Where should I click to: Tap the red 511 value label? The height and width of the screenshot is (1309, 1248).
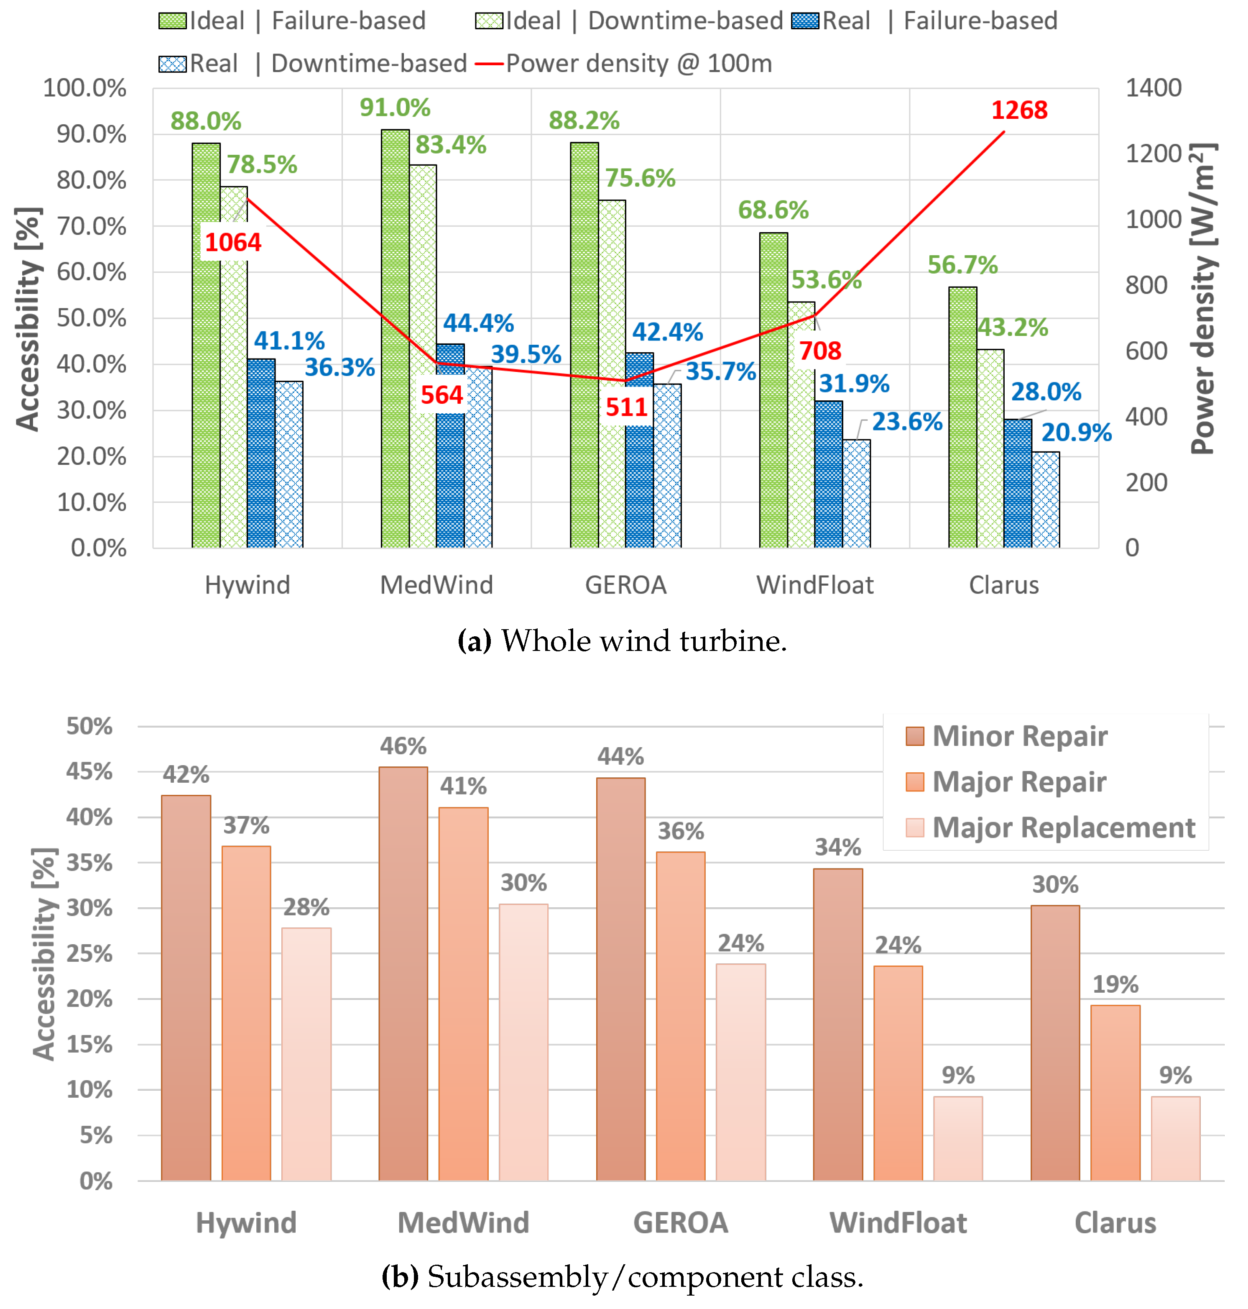click(x=626, y=407)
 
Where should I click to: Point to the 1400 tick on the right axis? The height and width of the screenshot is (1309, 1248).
click(x=1153, y=88)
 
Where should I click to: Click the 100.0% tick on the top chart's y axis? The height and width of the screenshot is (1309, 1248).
click(x=84, y=88)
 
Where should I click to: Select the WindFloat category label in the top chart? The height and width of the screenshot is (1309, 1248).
click(x=814, y=585)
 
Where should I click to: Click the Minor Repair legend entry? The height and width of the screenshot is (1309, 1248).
click(x=1019, y=736)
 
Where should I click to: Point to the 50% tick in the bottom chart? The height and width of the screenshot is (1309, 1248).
click(x=89, y=726)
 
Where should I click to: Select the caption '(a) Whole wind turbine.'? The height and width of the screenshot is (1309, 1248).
click(x=622, y=641)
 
